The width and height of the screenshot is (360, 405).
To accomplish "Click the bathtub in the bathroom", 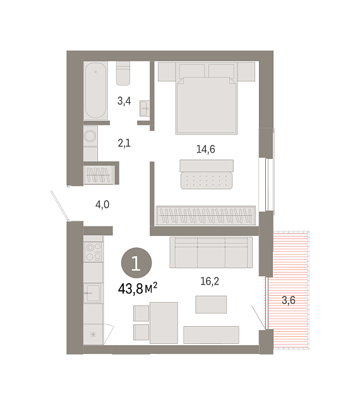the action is click(x=95, y=90).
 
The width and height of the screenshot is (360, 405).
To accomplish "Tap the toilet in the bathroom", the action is click(x=123, y=73).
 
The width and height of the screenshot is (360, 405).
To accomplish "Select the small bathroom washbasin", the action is click(x=145, y=109).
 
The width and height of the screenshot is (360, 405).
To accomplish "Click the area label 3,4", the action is click(x=124, y=101).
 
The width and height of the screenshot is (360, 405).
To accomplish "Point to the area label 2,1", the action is click(x=124, y=143).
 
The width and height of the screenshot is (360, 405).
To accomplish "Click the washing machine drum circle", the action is click(x=90, y=136).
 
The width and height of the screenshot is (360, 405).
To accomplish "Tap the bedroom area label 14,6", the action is click(x=206, y=150).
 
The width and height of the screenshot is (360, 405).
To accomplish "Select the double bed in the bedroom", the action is click(x=207, y=105).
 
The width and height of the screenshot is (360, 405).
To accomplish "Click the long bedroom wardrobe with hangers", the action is click(x=206, y=215).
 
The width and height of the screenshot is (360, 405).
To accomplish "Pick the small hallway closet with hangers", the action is click(x=99, y=175).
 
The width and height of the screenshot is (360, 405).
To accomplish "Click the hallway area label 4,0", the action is click(x=102, y=205).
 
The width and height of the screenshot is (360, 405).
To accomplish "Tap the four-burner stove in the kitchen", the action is click(x=93, y=252).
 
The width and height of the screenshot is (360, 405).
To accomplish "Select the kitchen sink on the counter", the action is click(x=93, y=293).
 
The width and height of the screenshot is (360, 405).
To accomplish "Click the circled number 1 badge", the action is click(x=136, y=263).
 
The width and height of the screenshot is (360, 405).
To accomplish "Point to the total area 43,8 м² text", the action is click(x=138, y=288).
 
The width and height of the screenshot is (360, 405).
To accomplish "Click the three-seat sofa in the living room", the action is click(x=211, y=252).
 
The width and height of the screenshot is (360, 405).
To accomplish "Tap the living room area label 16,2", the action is click(x=210, y=281).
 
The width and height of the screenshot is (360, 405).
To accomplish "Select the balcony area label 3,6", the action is click(x=289, y=300).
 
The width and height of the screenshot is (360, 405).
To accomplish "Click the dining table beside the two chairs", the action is click(x=164, y=323).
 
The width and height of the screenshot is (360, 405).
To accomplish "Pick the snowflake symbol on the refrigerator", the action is click(x=93, y=335).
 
